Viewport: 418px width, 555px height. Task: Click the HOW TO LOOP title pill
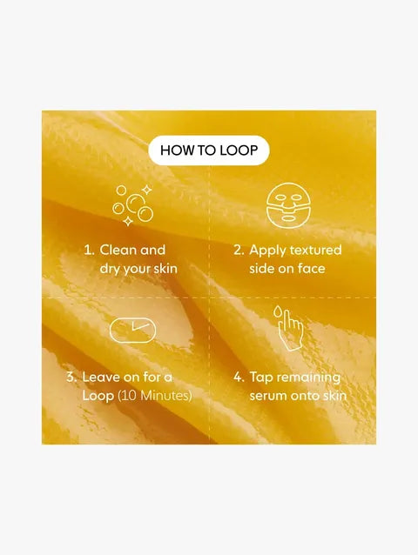pyautogui.click(x=209, y=150)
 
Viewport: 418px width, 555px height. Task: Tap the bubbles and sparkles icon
pyautogui.click(x=132, y=204)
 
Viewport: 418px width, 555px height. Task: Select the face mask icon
pyautogui.click(x=287, y=204)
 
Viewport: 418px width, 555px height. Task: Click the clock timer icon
pyautogui.click(x=132, y=331)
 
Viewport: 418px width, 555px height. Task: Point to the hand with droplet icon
pyautogui.click(x=288, y=328)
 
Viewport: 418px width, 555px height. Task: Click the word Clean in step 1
pyautogui.click(x=118, y=250)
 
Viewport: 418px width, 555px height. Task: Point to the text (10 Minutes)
pyautogui.click(x=155, y=396)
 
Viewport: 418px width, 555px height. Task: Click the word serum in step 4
pyautogui.click(x=268, y=396)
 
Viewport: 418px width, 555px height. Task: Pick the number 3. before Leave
pyautogui.click(x=71, y=378)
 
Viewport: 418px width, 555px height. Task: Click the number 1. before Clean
pyautogui.click(x=88, y=250)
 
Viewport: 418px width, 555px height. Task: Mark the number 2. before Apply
pyautogui.click(x=239, y=250)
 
